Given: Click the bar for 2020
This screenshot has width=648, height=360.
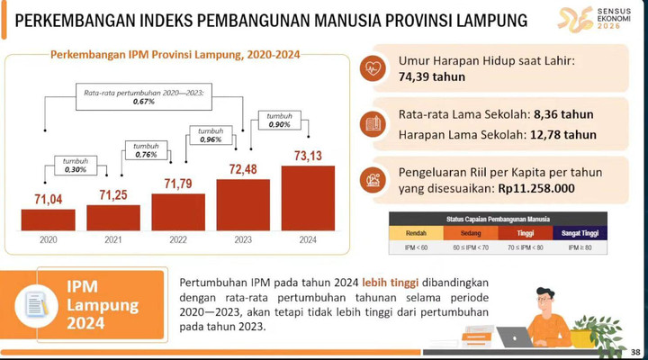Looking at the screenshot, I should tap(49, 220).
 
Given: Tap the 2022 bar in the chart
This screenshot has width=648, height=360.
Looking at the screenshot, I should tap(178, 212).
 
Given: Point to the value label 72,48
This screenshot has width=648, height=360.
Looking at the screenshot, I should tap(243, 168).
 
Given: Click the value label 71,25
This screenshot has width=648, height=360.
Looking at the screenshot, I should tap(113, 195).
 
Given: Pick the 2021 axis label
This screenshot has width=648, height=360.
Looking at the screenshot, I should tap(113, 240).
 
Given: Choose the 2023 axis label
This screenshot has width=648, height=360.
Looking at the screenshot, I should tap(243, 240).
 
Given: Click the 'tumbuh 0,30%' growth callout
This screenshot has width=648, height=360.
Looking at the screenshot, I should tap(78, 164).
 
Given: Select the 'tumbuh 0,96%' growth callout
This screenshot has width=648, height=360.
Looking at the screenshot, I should tap(210, 135).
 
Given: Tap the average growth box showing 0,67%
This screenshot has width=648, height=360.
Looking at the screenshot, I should tap(145, 96).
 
